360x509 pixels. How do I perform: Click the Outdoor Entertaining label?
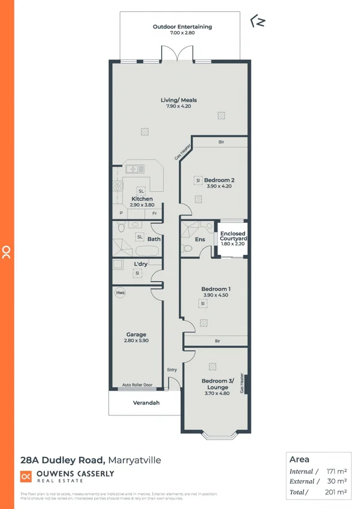pyautogui.click(x=182, y=27)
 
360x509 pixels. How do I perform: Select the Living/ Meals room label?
pyautogui.click(x=179, y=100)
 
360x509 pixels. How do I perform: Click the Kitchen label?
pyautogui.click(x=141, y=198)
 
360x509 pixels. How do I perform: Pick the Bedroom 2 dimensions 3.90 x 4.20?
pyautogui.click(x=219, y=186)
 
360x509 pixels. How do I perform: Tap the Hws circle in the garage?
pyautogui.click(x=120, y=293)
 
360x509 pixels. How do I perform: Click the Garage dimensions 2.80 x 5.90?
pyautogui.click(x=136, y=341)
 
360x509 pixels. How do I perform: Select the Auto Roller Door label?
pyautogui.click(x=137, y=385)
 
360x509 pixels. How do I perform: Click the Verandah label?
pyautogui.click(x=146, y=403)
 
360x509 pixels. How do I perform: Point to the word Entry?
pyautogui.click(x=172, y=369)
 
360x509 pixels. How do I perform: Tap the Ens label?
pyautogui.click(x=200, y=240)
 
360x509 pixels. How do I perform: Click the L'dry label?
pyautogui.click(x=141, y=264)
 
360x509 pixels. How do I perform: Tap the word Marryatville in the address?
pyautogui.click(x=135, y=460)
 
